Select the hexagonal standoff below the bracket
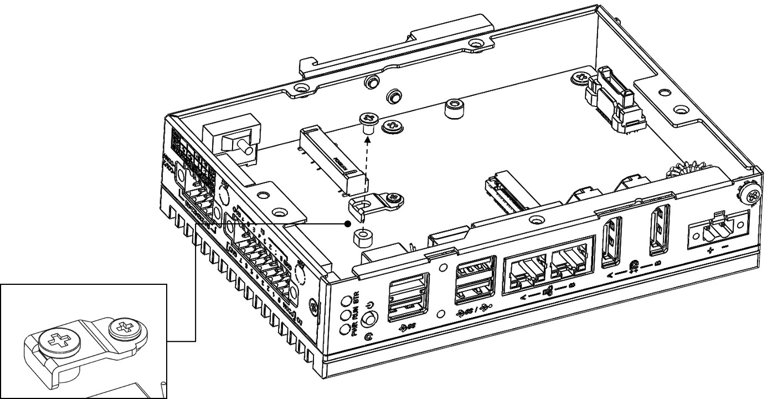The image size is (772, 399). pos(362,239)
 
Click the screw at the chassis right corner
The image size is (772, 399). pos(753,195)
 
